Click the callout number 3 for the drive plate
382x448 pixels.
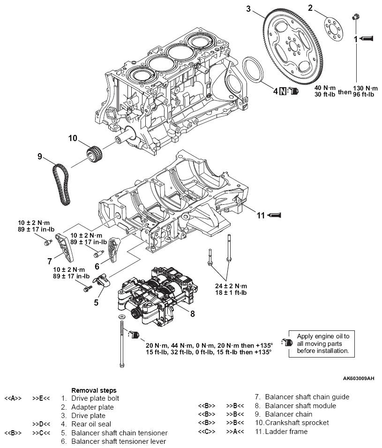coord(249,8)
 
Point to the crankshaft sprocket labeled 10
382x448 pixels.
coord(95,153)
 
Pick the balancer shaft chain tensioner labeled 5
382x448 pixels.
coord(101,280)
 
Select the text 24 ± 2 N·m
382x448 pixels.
coord(231,286)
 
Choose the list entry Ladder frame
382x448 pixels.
coord(286,431)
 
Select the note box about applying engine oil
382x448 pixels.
coord(322,343)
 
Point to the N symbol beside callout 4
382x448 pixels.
coord(282,90)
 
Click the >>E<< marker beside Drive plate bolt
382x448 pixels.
coord(41,399)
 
